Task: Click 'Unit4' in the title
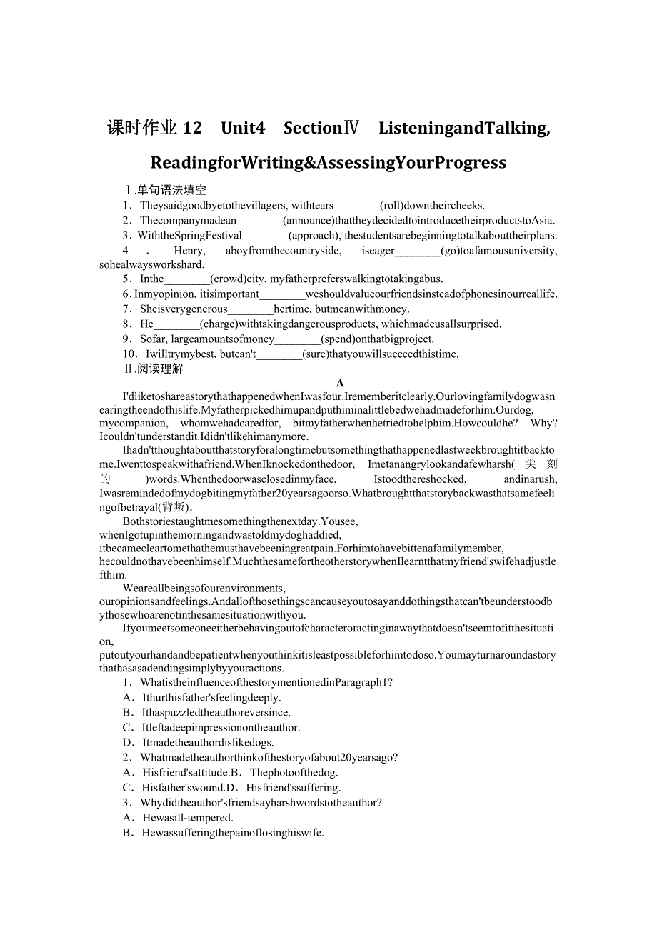click(243, 128)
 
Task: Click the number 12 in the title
click(193, 128)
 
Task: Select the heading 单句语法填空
click(171, 190)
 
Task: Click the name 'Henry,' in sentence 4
click(189, 251)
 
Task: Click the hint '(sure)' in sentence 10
click(315, 354)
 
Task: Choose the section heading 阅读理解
click(160, 369)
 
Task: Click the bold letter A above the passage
click(340, 384)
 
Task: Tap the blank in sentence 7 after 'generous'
click(251, 309)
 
